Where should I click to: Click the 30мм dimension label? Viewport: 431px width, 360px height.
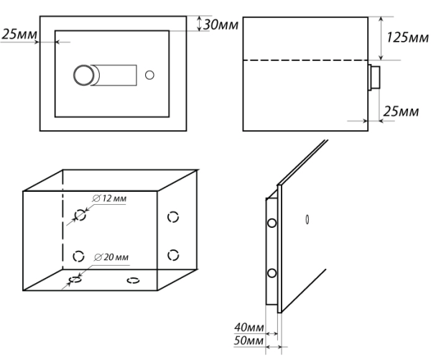coord(220,24)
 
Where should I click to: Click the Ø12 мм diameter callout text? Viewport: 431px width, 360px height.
coord(111,198)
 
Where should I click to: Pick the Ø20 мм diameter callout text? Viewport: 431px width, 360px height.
coord(111,257)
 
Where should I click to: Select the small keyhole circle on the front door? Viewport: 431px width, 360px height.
coord(149,75)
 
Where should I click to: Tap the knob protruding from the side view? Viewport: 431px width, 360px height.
coord(374,76)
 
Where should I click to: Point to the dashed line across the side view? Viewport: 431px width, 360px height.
coord(305,60)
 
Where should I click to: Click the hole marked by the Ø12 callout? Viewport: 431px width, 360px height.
coord(81,215)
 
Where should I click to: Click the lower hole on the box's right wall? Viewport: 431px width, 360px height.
coord(173,253)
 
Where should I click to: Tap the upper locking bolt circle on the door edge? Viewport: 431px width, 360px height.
coord(270,223)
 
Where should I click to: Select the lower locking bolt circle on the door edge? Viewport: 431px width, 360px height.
coord(271,273)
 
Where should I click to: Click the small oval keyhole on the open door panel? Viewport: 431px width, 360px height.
coord(307,218)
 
